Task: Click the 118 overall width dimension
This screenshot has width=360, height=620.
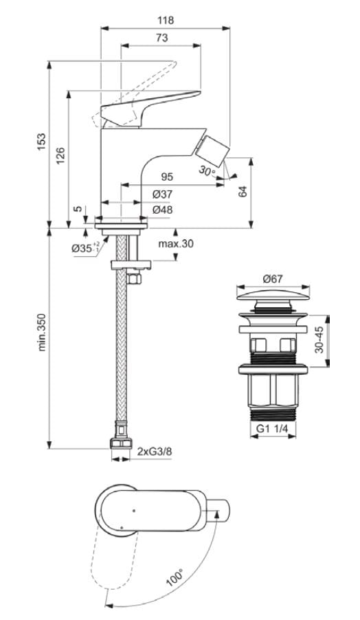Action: click(x=165, y=20)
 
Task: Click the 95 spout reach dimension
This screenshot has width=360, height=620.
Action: click(x=167, y=177)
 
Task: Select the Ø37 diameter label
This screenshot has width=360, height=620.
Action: click(x=162, y=195)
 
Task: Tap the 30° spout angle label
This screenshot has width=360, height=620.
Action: click(x=207, y=170)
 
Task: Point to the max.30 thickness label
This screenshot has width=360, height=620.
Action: click(x=175, y=243)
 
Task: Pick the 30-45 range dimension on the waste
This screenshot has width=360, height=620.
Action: click(x=319, y=340)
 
